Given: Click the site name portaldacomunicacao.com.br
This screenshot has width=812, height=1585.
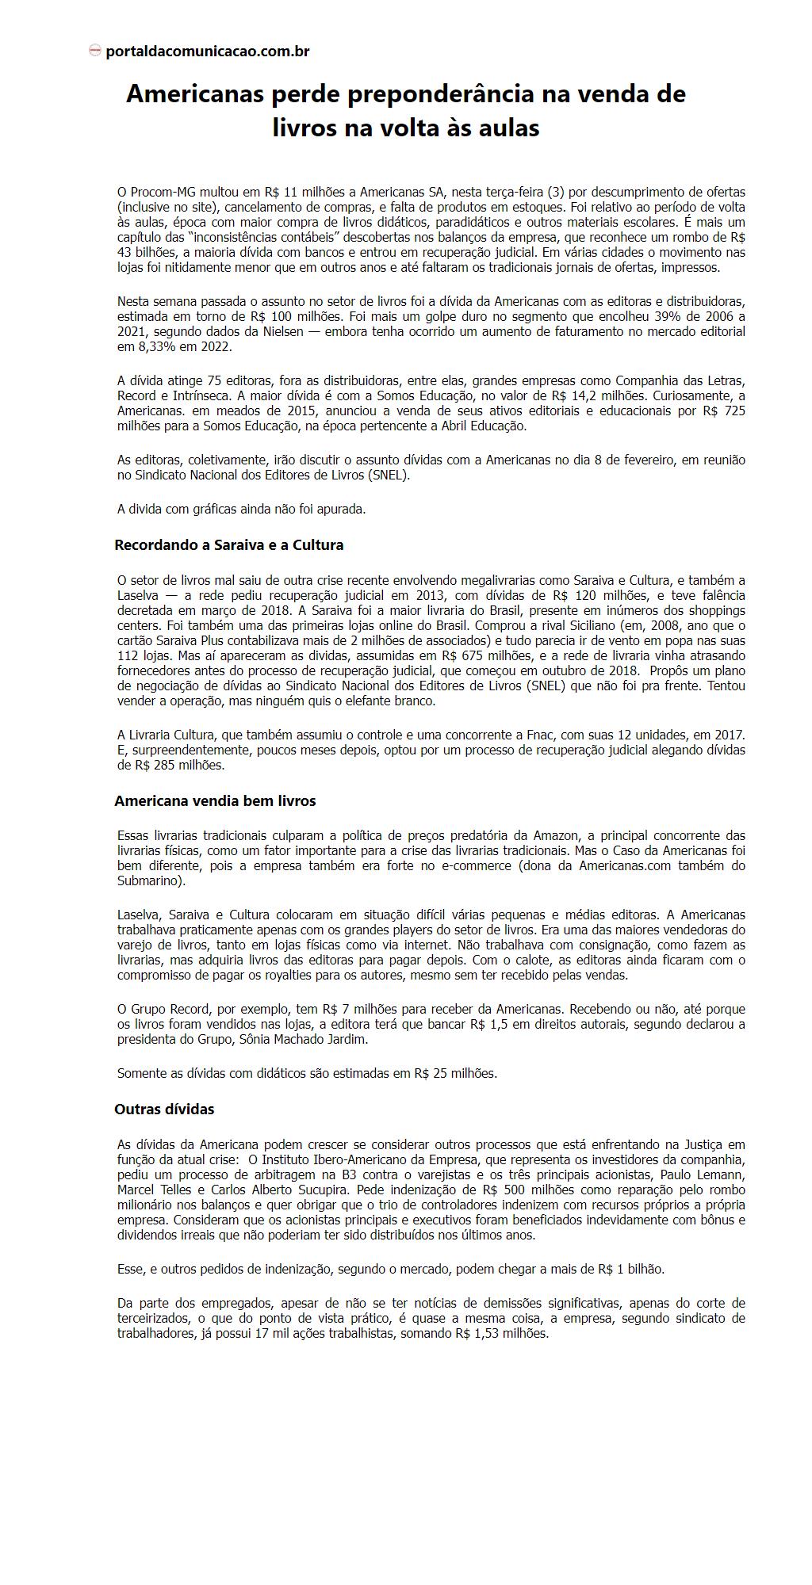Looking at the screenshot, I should (207, 52).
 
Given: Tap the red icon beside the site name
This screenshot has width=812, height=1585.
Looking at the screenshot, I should (95, 51).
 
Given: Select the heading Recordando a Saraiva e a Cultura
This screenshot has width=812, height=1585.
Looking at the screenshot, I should (228, 545).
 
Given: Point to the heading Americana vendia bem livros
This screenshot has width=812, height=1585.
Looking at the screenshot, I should (215, 801).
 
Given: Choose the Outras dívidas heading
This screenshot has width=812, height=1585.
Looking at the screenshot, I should (164, 1109).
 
